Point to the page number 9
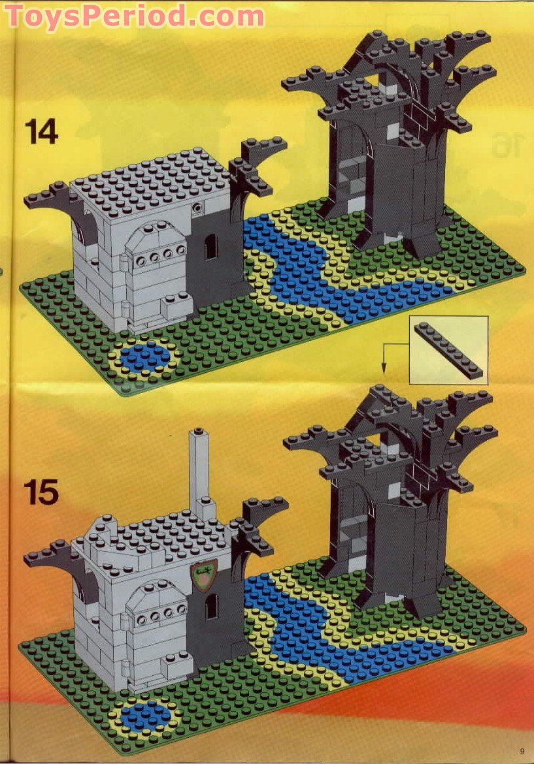click(x=522, y=750)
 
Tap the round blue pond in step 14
click(x=145, y=356)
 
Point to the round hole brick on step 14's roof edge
click(x=197, y=208)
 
